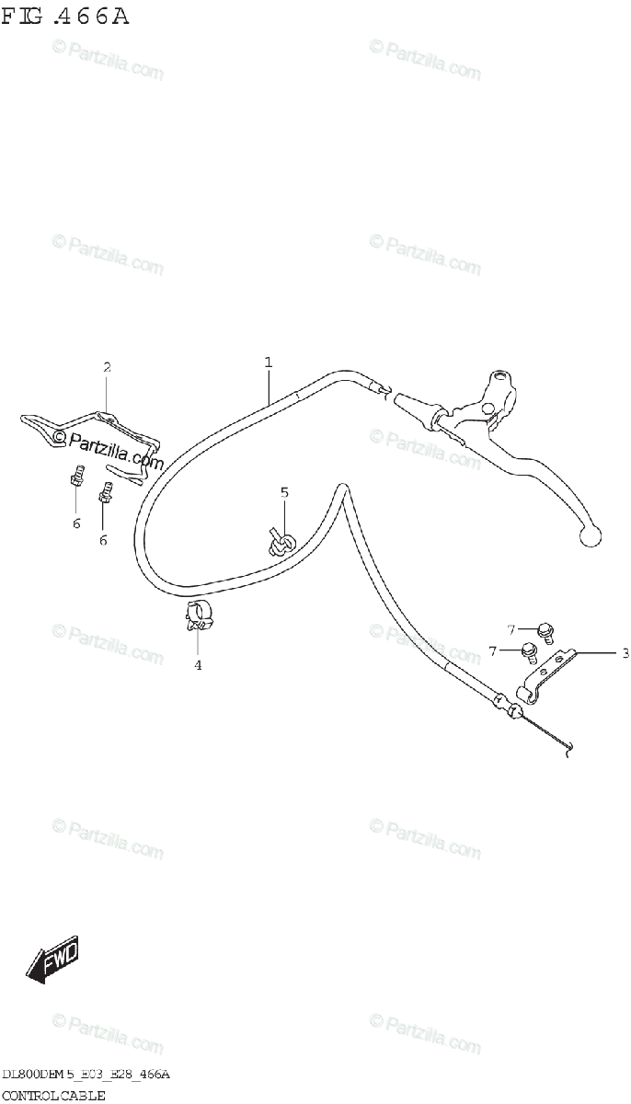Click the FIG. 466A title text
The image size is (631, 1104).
click(x=65, y=17)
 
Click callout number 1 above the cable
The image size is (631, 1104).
click(x=269, y=362)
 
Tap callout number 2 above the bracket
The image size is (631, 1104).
click(x=107, y=367)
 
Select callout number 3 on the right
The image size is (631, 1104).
click(x=625, y=653)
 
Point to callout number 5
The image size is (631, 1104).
click(x=284, y=492)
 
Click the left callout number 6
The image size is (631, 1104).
click(x=76, y=523)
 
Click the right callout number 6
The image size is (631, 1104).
click(x=103, y=540)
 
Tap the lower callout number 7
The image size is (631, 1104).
click(x=493, y=651)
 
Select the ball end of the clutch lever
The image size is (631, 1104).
click(x=590, y=533)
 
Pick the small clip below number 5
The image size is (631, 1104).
click(x=279, y=544)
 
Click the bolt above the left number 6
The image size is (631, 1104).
click(x=76, y=478)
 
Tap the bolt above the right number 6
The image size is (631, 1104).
click(x=105, y=495)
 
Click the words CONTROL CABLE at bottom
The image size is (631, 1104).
click(x=54, y=1095)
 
